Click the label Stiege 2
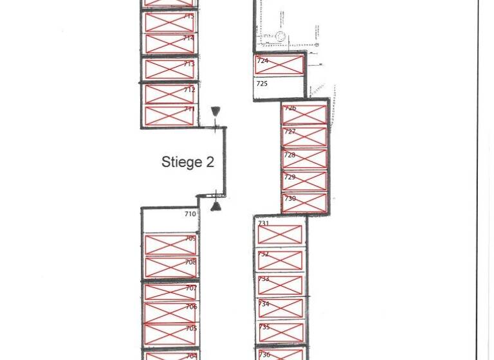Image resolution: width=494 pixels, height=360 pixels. click(187, 162)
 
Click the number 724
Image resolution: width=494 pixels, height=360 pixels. click(262, 61)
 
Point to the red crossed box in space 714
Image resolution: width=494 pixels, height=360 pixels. click(169, 44)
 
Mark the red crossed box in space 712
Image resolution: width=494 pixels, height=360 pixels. click(169, 94)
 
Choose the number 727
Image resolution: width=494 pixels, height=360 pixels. click(290, 132)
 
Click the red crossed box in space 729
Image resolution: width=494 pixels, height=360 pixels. click(304, 181)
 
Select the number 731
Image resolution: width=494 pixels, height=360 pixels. click(264, 224)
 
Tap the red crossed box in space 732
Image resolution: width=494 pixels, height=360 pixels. click(280, 260)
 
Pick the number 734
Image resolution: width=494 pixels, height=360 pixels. click(264, 304)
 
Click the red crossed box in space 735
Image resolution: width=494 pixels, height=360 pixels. click(280, 333)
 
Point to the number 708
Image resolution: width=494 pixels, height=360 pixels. click(190, 262)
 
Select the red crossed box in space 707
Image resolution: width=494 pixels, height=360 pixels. click(169, 292)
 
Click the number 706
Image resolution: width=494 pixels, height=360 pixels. click(191, 307)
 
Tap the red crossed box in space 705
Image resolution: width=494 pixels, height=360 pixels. click(169, 334)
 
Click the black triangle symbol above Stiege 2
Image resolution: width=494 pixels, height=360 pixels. click(215, 111)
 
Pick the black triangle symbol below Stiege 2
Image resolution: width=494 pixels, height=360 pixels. click(217, 206)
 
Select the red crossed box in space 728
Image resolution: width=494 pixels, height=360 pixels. click(304, 159)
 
